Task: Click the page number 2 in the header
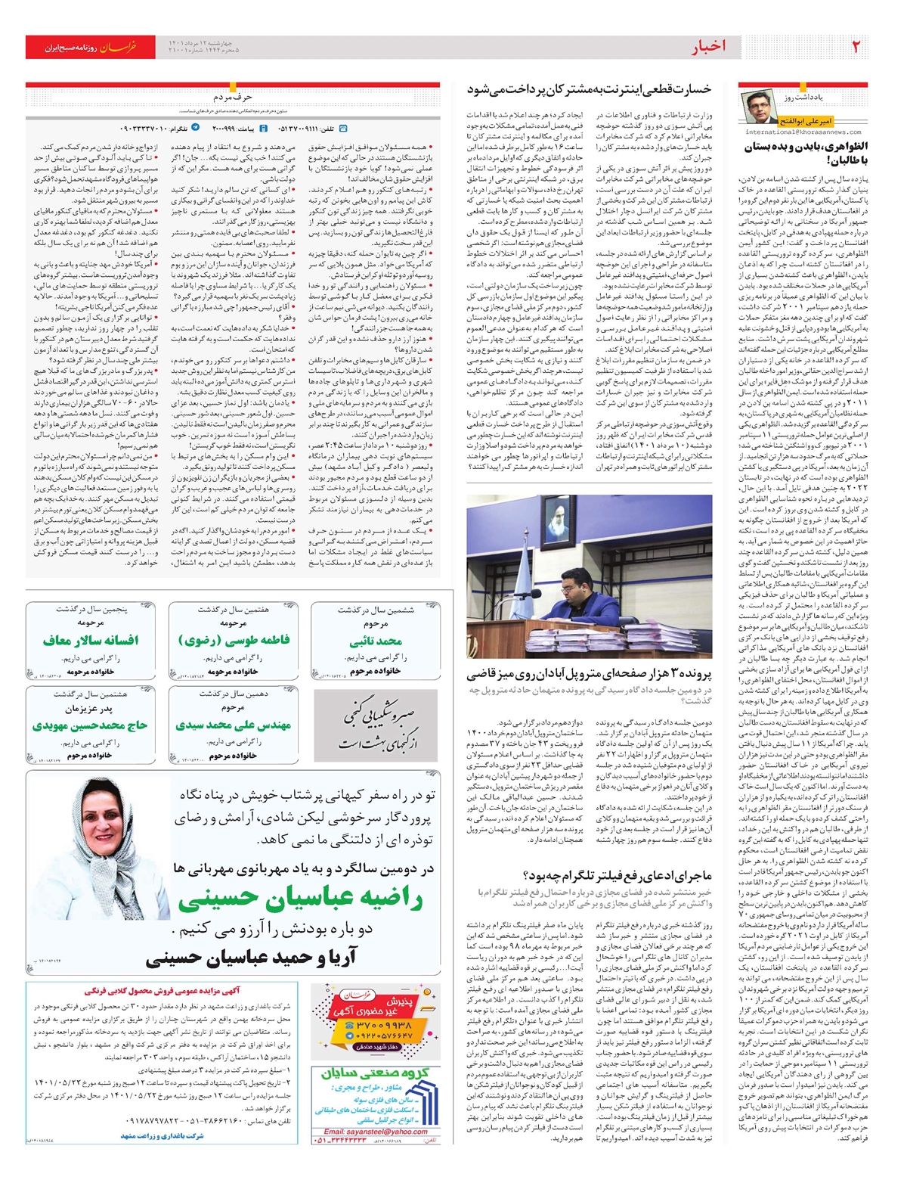pyautogui.click(x=856, y=47)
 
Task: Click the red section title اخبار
pyautogui.click(x=708, y=47)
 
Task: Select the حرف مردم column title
pyautogui.click(x=233, y=98)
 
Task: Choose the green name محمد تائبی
pyautogui.click(x=376, y=641)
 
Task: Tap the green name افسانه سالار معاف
pyautogui.click(x=91, y=640)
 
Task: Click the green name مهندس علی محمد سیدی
pyautogui.click(x=234, y=725)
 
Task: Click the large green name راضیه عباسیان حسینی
pyautogui.click(x=300, y=900)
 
